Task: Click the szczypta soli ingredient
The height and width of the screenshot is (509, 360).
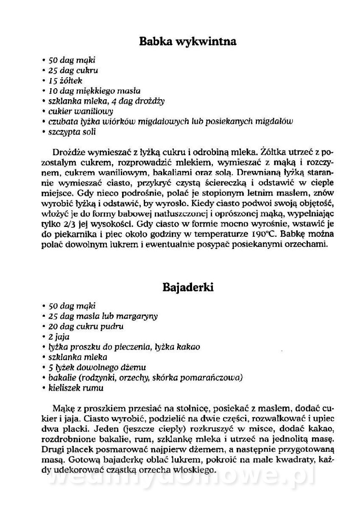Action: coord(72,131)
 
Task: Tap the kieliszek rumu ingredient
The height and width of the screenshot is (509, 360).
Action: coord(76,388)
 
